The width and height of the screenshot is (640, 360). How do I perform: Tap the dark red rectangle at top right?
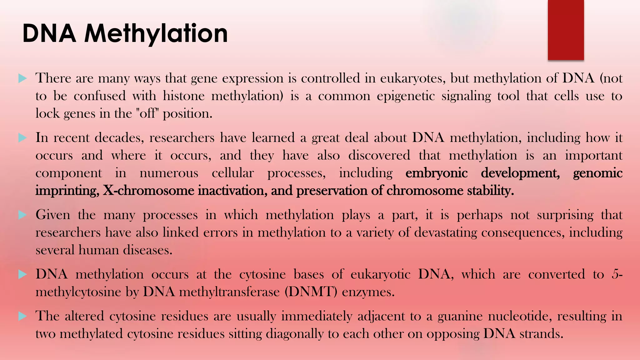pyautogui.click(x=566, y=30)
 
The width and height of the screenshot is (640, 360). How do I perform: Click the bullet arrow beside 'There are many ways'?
pyautogui.click(x=22, y=78)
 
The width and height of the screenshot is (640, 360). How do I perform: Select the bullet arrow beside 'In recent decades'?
pyautogui.click(x=22, y=137)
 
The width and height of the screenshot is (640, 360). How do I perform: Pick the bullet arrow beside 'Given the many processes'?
pyautogui.click(x=22, y=215)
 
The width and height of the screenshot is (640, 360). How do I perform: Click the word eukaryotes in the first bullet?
pyautogui.click(x=412, y=78)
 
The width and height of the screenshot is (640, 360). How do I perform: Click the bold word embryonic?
pyautogui.click(x=436, y=173)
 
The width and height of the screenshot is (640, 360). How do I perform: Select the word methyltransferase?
pyautogui.click(x=229, y=292)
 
